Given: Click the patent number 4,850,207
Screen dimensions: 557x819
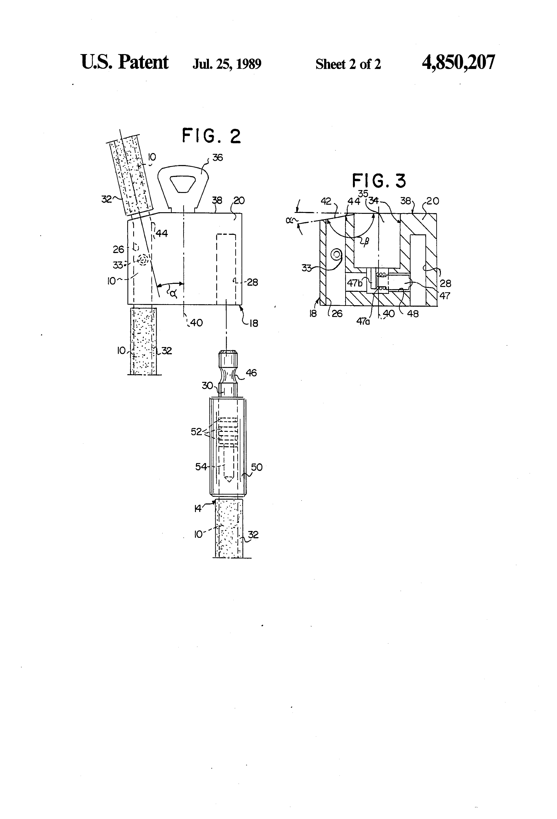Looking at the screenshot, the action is (x=458, y=62).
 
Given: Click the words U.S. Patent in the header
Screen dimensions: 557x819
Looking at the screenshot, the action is (x=125, y=62).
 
